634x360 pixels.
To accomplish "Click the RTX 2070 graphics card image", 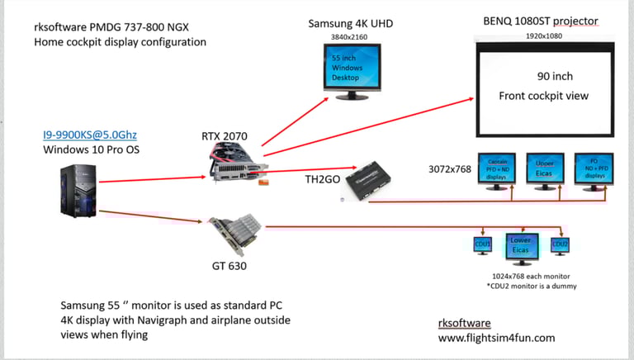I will pyautogui.click(x=239, y=163).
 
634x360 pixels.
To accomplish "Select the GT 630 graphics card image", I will pyautogui.click(x=236, y=235).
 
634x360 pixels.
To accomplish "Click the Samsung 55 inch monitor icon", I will pyautogui.click(x=353, y=70).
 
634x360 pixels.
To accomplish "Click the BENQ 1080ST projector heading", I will pyautogui.click(x=541, y=21).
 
